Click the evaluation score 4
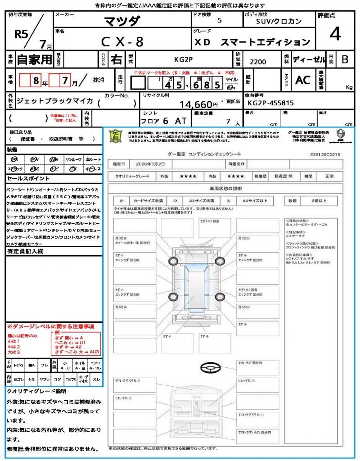tap(334, 34)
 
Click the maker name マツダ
tap(122, 21)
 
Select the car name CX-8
tap(122, 41)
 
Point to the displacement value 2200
tap(258, 62)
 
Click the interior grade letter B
tap(345, 59)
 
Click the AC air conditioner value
tap(303, 80)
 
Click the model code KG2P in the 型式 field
tap(183, 59)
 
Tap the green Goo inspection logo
tap(117, 136)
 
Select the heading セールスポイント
tap(25, 179)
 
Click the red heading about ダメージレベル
tap(50, 326)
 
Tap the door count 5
tap(219, 21)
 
